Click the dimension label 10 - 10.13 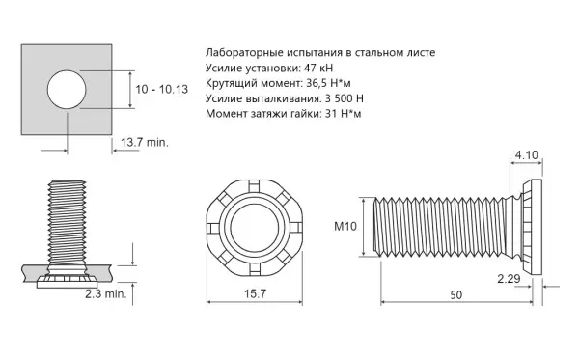tap(162, 90)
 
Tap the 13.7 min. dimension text tap(145, 142)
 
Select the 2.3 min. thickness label tap(105, 294)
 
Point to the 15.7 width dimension tap(255, 294)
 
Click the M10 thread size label tap(345, 226)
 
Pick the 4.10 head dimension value tap(527, 155)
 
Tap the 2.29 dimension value tap(509, 279)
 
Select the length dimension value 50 tap(456, 295)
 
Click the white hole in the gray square tap(67, 90)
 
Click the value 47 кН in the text tap(317, 68)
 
